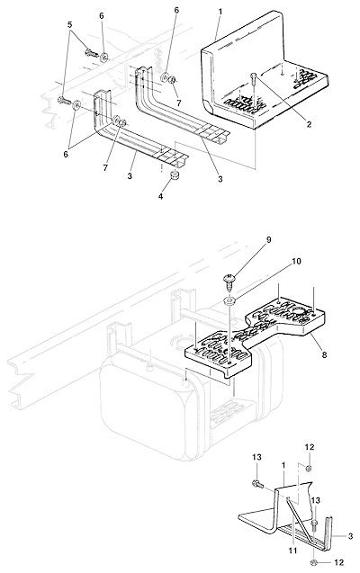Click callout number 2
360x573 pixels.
[x=309, y=125]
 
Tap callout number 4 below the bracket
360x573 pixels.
[x=160, y=196]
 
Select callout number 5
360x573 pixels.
[x=70, y=24]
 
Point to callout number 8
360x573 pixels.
[x=323, y=354]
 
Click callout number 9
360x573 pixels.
[x=268, y=239]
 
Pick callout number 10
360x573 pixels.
[x=296, y=262]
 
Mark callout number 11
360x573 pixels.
[x=292, y=551]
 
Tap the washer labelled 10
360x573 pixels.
[x=229, y=301]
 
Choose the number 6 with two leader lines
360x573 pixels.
[x=66, y=154]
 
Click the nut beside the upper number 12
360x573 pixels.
[x=309, y=468]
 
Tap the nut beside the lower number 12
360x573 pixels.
[x=314, y=562]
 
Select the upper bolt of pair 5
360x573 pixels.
[x=92, y=53]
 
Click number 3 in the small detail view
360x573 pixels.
[x=350, y=536]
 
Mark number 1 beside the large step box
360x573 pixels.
[x=220, y=12]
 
